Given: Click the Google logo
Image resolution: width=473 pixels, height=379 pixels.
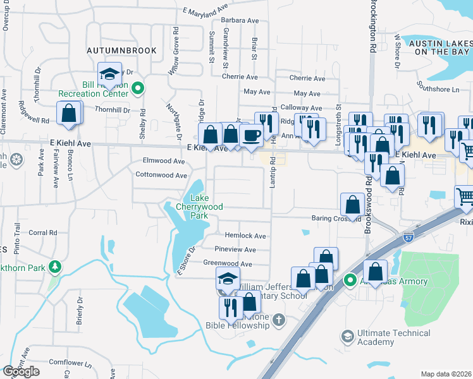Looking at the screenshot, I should tap(21, 371).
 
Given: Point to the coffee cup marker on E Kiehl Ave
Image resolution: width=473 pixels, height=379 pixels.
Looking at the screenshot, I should tap(251, 136).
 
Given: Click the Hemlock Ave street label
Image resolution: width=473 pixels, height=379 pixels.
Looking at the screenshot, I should tap(241, 236).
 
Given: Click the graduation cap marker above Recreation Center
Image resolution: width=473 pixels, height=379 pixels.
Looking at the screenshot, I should tap(110, 74).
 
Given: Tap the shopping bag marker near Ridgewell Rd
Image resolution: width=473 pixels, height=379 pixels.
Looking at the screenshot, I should tap(69, 114).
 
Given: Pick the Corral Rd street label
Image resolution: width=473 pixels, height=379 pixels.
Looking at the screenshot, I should tap(44, 232).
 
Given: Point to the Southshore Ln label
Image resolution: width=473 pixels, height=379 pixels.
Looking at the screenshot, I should tap(438, 90).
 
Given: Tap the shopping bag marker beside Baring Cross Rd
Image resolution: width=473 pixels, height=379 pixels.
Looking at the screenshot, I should tap(352, 204).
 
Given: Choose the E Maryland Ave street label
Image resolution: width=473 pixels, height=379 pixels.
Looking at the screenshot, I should tap(205, 11).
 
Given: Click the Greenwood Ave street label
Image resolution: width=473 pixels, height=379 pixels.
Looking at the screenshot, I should tap(228, 264).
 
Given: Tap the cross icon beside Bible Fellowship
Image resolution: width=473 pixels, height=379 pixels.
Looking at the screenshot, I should tap(279, 321).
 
